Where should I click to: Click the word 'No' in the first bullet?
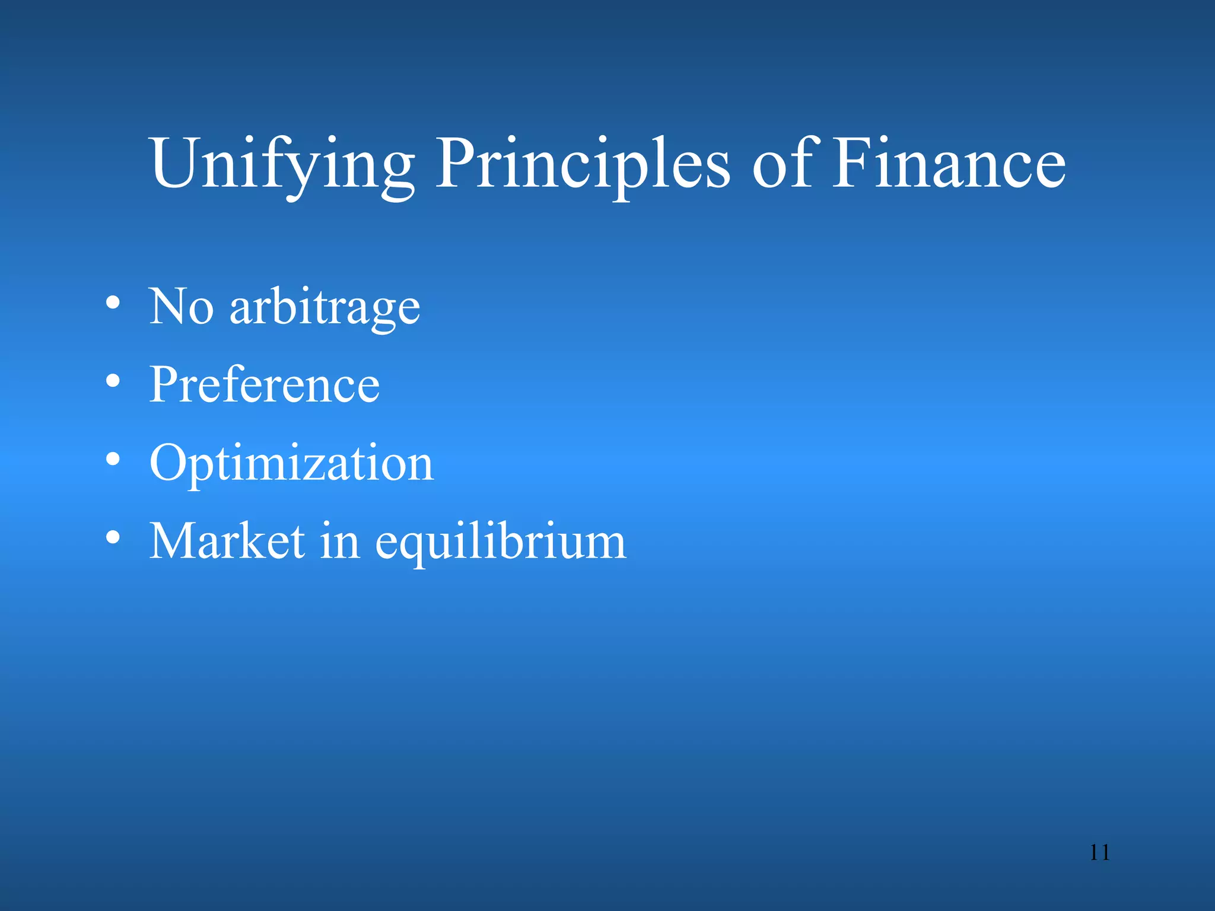pos(181,307)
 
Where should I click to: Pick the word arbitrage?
pos(325,307)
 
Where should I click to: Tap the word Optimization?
pos(291,464)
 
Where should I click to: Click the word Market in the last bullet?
pos(227,541)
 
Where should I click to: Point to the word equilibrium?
pos(501,542)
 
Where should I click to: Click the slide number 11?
pos(1099,853)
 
